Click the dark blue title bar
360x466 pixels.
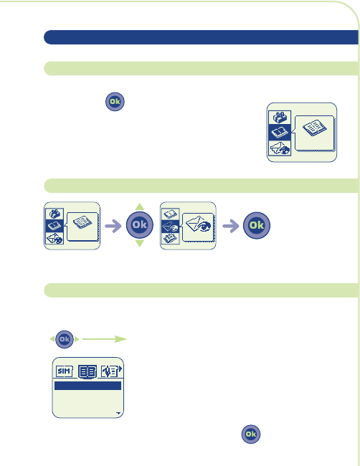pyautogui.click(x=201, y=37)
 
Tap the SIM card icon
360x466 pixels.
pyautogui.click(x=65, y=371)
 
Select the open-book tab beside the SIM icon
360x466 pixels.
pyautogui.click(x=87, y=372)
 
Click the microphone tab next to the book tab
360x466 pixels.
pyautogui.click(x=110, y=371)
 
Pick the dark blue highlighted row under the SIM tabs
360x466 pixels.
pyautogui.click(x=87, y=386)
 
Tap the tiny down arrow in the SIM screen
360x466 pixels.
pyautogui.click(x=118, y=413)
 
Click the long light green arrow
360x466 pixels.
pyautogui.click(x=105, y=339)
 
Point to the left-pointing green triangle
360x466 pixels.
pyautogui.click(x=52, y=339)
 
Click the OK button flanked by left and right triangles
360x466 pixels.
pyautogui.click(x=65, y=339)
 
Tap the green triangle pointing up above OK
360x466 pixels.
pyautogui.click(x=139, y=206)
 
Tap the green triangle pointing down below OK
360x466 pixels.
pyautogui.click(x=139, y=244)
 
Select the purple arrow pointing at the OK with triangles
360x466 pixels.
pyautogui.click(x=113, y=226)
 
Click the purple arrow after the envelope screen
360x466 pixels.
pyautogui.click(x=231, y=226)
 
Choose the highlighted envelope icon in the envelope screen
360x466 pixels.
pyautogui.click(x=171, y=227)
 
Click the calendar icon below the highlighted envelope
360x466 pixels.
pyautogui.click(x=171, y=238)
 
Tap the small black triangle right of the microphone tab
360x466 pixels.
pyautogui.click(x=120, y=368)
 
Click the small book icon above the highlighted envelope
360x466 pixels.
pyautogui.click(x=171, y=214)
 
